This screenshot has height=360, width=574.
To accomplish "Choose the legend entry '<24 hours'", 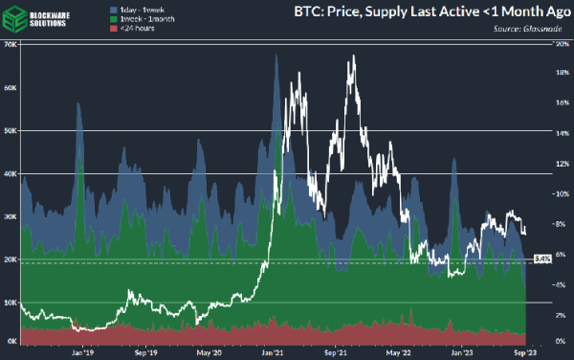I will pos(135,27).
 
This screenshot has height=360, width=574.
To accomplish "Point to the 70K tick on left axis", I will pos(11,45).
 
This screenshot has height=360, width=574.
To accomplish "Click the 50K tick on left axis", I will pos(11,130).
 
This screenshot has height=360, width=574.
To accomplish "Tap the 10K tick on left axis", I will pos(11,302).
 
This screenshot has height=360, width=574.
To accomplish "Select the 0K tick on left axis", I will pos(11,342).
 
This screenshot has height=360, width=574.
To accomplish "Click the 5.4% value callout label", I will pos(541,259).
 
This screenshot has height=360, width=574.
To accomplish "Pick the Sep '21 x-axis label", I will pos(335,352).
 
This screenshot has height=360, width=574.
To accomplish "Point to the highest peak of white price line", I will pos(354,56).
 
